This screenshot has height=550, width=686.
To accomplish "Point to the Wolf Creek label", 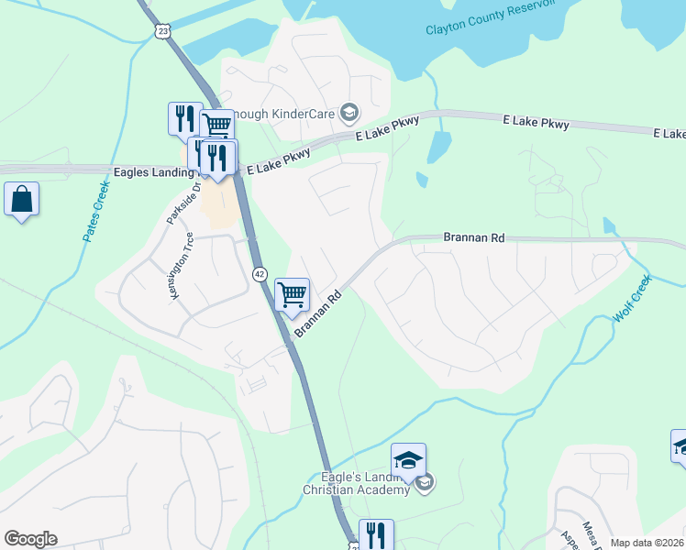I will (x=632, y=298).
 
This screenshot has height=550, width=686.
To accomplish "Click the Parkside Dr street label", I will (x=181, y=207).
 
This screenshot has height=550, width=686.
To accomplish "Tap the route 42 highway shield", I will (x=260, y=274).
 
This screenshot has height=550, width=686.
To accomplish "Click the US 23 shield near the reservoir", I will (x=163, y=30).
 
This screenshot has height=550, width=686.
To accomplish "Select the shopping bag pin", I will (x=22, y=199).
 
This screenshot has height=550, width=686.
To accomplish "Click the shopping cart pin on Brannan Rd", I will (x=293, y=295).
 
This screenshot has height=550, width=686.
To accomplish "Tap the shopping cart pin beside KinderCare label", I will (x=217, y=126).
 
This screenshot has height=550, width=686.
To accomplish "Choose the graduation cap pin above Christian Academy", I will (x=408, y=458).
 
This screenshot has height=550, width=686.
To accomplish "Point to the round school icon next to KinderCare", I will (x=349, y=113).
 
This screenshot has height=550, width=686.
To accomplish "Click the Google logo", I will (x=30, y=539).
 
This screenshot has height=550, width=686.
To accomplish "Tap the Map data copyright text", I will (x=647, y=543).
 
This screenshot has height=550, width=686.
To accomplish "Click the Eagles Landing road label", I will (x=150, y=171).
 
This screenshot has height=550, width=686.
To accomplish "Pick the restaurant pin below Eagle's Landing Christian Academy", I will (x=375, y=534).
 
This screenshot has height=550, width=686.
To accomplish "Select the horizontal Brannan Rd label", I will (x=474, y=237).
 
